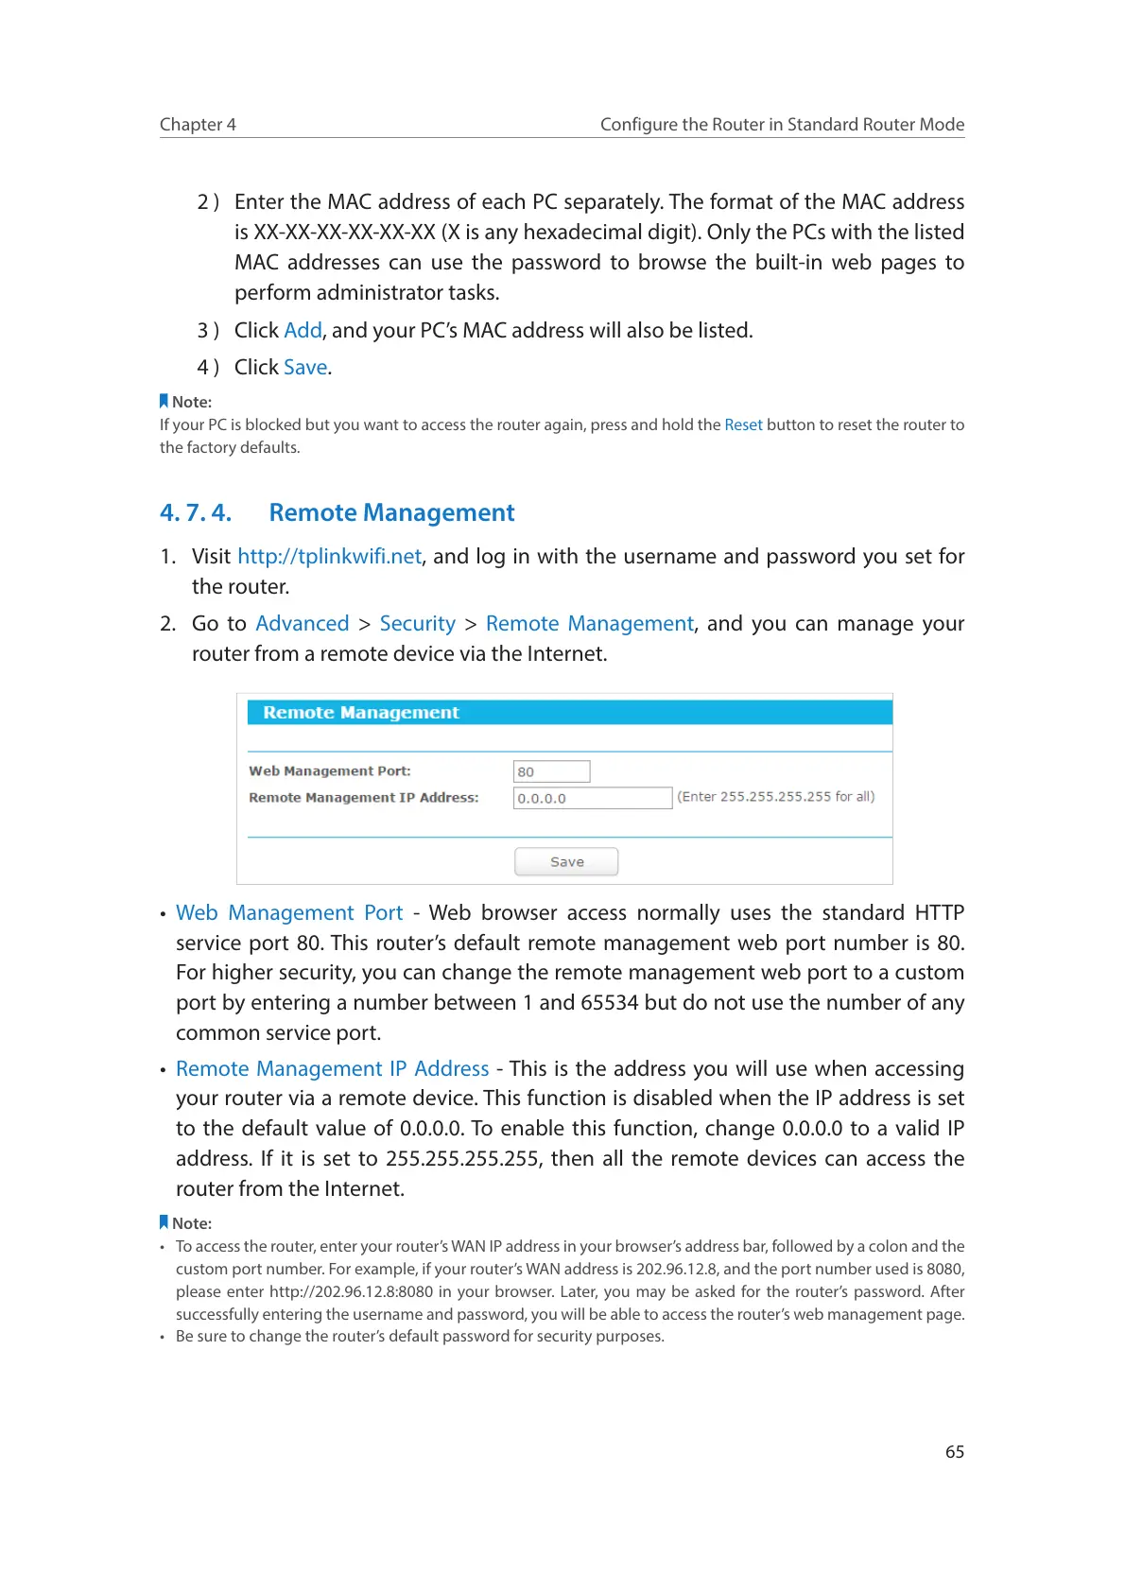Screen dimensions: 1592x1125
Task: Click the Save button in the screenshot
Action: (x=566, y=861)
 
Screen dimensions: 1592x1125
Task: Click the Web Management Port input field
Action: (x=551, y=771)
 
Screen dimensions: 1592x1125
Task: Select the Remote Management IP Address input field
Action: (x=592, y=798)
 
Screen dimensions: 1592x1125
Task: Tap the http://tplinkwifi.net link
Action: (x=329, y=557)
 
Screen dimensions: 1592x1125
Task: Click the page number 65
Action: (x=955, y=1452)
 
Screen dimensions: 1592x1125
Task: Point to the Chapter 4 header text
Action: (x=198, y=125)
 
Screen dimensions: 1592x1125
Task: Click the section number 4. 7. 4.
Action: (x=196, y=512)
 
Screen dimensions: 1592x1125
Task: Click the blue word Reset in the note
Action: (x=743, y=425)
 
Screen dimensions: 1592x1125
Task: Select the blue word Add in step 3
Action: (x=303, y=331)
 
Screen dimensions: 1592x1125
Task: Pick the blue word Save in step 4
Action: (x=305, y=368)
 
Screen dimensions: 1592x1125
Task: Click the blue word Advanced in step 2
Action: (x=303, y=624)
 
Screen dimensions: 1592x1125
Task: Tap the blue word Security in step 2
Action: (x=417, y=624)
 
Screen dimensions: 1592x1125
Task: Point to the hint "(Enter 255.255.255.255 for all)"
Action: (x=775, y=797)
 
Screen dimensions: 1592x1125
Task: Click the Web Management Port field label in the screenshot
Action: (x=329, y=771)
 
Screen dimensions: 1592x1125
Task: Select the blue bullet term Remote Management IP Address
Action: (x=332, y=1069)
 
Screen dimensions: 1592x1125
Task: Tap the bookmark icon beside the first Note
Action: (x=164, y=402)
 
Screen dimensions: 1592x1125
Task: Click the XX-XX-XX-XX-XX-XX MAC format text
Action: (x=344, y=233)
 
